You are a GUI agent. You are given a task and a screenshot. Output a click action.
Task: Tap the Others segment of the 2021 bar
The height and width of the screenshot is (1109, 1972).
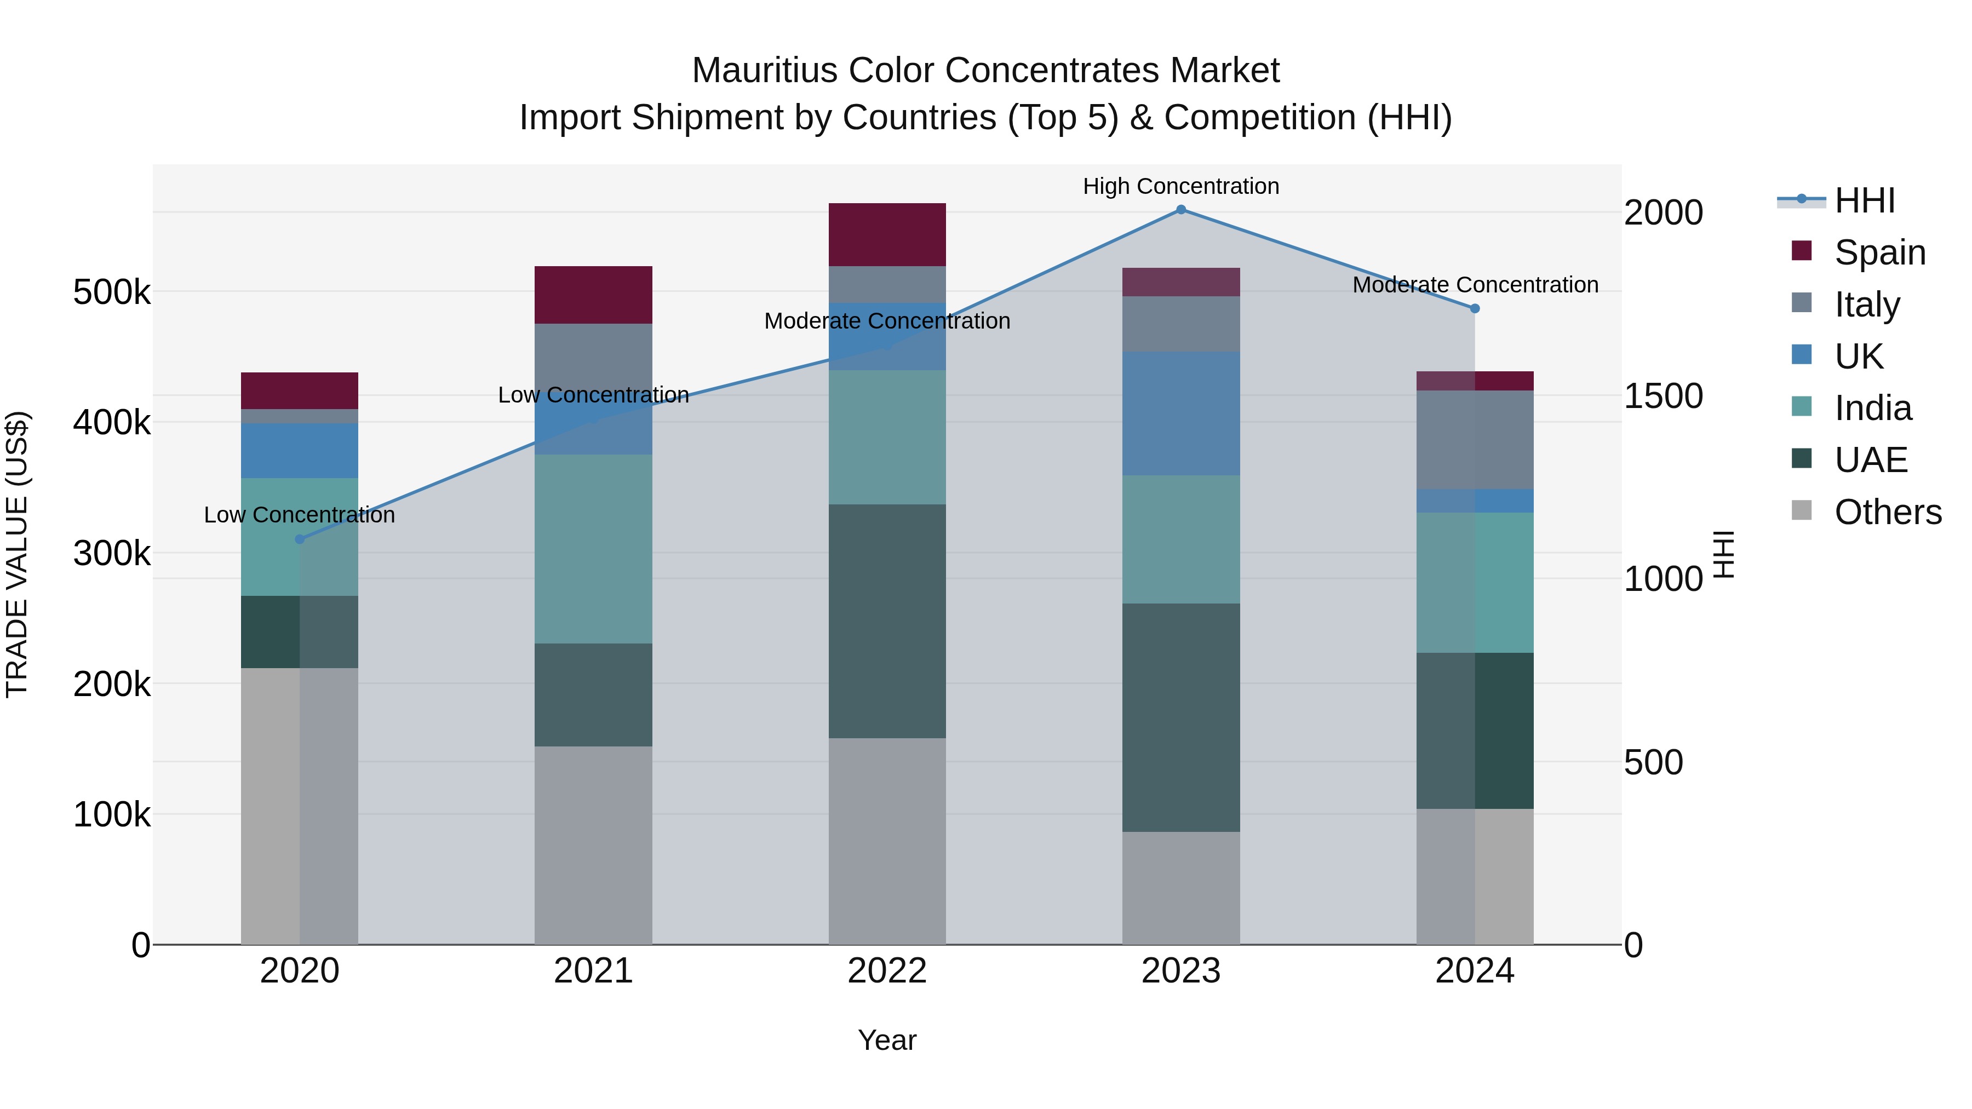pos(593,845)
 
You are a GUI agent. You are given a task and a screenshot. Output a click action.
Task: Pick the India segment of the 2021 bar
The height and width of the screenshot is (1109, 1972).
pos(593,549)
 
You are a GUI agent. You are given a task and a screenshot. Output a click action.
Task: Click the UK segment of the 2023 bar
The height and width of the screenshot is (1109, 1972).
pos(1180,413)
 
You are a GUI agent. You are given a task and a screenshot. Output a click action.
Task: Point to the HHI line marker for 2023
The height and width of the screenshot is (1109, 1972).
pos(1180,210)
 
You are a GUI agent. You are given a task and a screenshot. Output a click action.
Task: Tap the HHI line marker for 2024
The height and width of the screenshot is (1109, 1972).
pos(1475,308)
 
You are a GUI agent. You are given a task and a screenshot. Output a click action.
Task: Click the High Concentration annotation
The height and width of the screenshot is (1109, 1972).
pos(1180,186)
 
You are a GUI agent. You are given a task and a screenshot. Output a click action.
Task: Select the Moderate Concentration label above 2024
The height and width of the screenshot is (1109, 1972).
pos(1475,285)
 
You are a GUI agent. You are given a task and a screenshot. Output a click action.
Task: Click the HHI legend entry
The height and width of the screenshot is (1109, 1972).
pos(1864,200)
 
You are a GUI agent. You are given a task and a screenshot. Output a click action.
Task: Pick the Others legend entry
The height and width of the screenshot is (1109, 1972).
pos(1887,512)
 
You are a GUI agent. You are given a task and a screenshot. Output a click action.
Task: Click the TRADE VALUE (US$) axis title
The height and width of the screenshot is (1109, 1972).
pos(18,554)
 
